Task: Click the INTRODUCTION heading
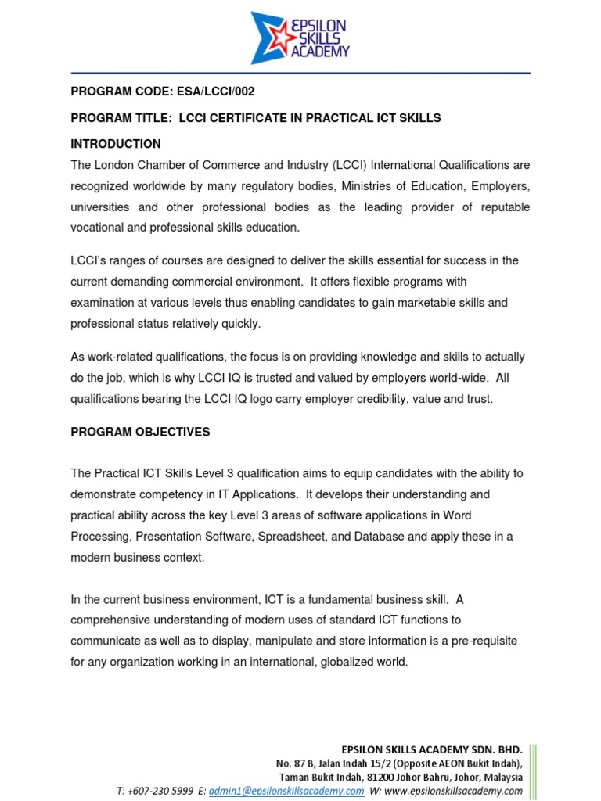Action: pyautogui.click(x=116, y=144)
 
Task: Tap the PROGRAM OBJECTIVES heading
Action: pyautogui.click(x=140, y=432)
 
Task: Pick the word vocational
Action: pyautogui.click(x=99, y=228)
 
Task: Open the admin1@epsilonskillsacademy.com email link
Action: pyautogui.click(x=286, y=791)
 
